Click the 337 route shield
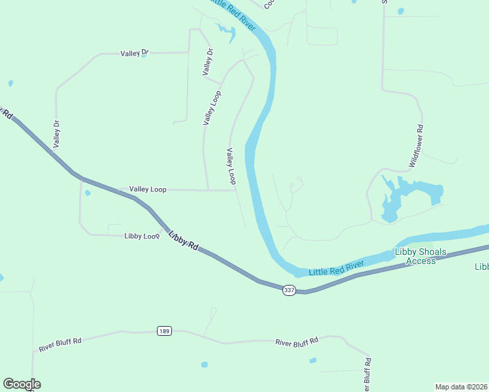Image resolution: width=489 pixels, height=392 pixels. click(x=289, y=289)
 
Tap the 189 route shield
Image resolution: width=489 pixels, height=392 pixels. click(x=165, y=331)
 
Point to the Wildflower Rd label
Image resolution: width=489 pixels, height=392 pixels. click(x=416, y=146)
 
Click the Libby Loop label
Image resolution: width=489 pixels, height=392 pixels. click(x=142, y=236)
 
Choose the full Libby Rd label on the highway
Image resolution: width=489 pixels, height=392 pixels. click(x=183, y=242)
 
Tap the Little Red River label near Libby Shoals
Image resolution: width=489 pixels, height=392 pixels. click(x=336, y=267)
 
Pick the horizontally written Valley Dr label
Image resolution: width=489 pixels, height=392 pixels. click(x=135, y=54)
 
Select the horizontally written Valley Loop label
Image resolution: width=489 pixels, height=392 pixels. click(x=148, y=189)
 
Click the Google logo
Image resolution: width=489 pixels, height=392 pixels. click(x=22, y=384)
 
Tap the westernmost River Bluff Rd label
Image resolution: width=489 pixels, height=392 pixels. click(x=59, y=344)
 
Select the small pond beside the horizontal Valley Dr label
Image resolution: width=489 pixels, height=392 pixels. click(x=143, y=56)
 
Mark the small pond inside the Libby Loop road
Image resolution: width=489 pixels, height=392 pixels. click(x=88, y=193)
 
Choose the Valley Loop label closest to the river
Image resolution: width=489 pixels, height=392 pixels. click(x=231, y=166)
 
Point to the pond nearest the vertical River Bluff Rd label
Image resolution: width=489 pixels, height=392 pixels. click(x=312, y=360)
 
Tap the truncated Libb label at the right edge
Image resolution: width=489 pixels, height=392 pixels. click(x=481, y=267)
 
